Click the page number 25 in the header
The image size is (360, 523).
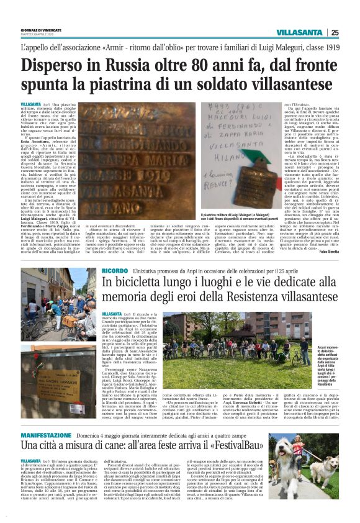[x=335, y=32]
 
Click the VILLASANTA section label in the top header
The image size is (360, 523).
[x=300, y=32]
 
